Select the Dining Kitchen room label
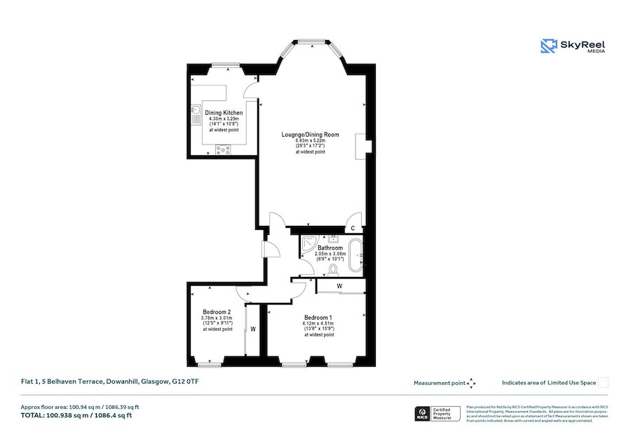[x=224, y=113]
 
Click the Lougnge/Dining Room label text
[x=310, y=134]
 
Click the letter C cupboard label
[x=353, y=229]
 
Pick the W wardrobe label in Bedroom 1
[x=339, y=285]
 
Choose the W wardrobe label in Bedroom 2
[x=252, y=328]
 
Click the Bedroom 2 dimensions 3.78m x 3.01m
[x=217, y=318]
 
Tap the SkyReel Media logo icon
[x=548, y=46]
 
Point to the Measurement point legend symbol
[x=471, y=383]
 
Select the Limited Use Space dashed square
[x=603, y=383]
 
